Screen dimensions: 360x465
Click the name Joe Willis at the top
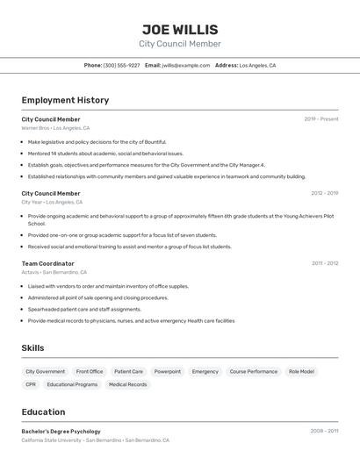click(180, 30)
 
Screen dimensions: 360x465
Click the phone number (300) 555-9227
click(121, 65)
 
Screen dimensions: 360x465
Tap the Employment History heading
click(65, 100)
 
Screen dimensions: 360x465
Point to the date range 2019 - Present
click(321, 119)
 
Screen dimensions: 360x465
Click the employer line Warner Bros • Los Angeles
click(54, 128)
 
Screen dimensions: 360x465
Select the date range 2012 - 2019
click(324, 193)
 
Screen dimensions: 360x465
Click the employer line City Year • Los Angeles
click(52, 202)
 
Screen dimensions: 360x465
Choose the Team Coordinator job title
click(47, 263)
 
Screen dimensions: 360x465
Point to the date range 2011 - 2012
click(325, 263)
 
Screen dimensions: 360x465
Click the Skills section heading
click(32, 348)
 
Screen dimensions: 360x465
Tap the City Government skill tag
click(45, 371)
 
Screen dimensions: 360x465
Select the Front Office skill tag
click(90, 371)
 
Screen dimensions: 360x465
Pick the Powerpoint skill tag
click(168, 371)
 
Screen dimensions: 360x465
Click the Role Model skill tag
click(301, 371)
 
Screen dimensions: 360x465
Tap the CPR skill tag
click(31, 384)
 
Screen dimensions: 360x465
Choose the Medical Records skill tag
click(128, 384)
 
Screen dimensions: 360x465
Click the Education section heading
click(43, 411)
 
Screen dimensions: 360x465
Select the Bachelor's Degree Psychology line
click(61, 432)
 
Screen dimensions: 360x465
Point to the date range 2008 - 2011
click(324, 432)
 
